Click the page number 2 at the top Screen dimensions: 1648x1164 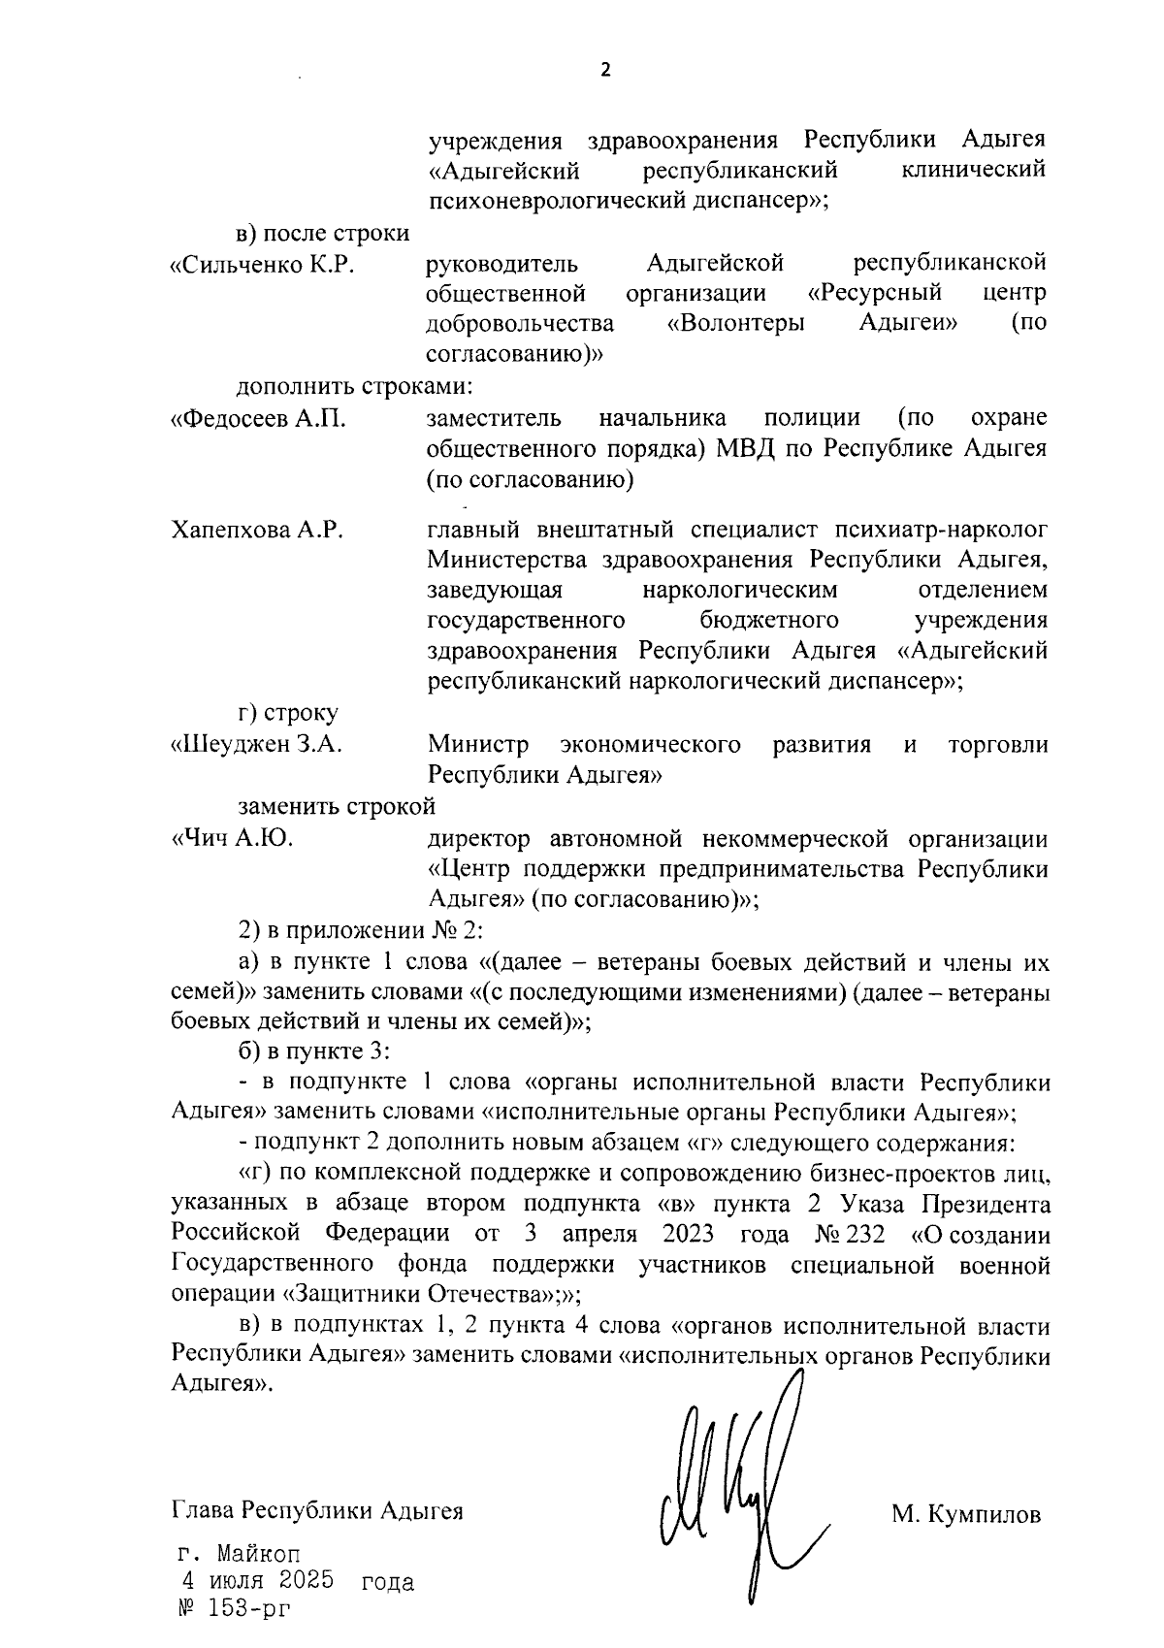tap(606, 70)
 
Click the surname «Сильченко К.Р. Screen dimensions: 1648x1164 tap(261, 264)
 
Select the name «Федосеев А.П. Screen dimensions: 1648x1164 tap(258, 419)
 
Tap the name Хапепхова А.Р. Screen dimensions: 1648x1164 tap(257, 531)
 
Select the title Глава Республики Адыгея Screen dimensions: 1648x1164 tap(316, 1510)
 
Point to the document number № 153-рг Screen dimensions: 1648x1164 tap(230, 1608)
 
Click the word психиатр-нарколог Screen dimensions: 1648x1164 tap(947, 531)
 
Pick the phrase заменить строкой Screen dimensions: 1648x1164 tap(337, 807)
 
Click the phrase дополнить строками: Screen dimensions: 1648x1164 tap(354, 387)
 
